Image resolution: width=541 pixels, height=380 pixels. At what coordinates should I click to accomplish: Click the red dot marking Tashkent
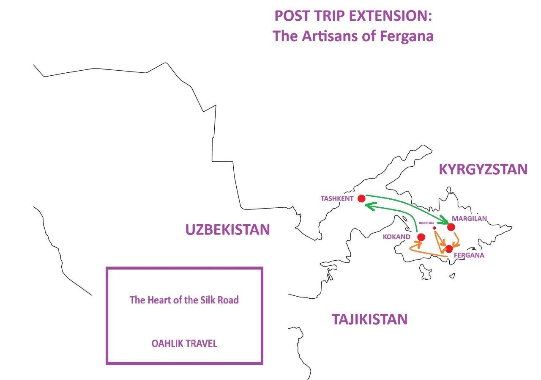361,198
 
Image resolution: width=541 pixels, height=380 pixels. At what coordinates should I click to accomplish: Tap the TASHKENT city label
337,198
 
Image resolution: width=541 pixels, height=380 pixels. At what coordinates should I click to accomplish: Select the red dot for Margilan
451,227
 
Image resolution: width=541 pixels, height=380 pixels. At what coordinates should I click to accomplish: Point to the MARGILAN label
469,219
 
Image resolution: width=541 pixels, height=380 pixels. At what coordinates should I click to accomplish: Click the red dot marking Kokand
421,237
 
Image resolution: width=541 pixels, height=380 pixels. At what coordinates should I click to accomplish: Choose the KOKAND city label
396,237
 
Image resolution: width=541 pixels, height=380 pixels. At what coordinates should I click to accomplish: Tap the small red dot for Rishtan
434,228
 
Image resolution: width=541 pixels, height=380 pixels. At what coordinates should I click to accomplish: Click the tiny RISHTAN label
426,223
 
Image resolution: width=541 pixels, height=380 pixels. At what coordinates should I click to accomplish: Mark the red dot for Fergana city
449,249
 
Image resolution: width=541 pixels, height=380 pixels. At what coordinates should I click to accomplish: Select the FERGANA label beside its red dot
469,256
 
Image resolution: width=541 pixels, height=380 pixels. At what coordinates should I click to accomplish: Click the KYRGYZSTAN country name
483,169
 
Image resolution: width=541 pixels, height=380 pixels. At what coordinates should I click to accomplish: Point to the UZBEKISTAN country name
227,229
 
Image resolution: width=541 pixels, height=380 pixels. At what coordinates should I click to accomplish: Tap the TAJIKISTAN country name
369,319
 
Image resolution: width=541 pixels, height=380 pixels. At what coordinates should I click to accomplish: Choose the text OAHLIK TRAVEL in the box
184,344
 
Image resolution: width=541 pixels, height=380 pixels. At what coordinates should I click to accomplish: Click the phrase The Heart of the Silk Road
184,300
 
